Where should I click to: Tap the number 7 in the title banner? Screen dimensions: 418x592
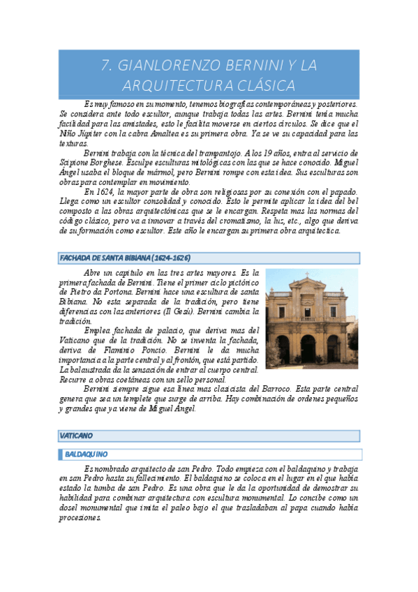click(107, 66)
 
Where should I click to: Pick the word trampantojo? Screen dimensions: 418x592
click(209, 152)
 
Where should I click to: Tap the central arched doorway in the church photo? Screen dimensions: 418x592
click(308, 349)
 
